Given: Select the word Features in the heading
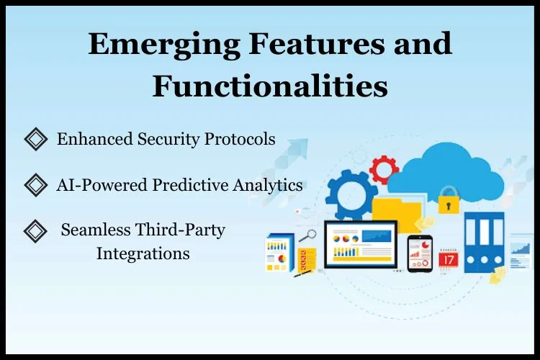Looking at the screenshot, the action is pyautogui.click(x=316, y=43).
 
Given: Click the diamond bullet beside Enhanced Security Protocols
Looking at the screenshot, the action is pyautogui.click(x=36, y=139).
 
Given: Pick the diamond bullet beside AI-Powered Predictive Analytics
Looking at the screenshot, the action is pyautogui.click(x=36, y=184).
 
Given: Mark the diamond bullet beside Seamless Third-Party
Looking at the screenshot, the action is pyautogui.click(x=35, y=231).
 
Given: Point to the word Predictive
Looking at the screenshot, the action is pyautogui.click(x=191, y=184).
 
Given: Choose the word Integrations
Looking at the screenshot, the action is pyautogui.click(x=143, y=254).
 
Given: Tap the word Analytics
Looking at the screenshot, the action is pyautogui.click(x=268, y=185).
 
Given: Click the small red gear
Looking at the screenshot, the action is pyautogui.click(x=384, y=169).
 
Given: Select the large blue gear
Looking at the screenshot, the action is pyautogui.click(x=351, y=194).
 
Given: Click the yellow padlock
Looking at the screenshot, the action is pyautogui.click(x=449, y=200).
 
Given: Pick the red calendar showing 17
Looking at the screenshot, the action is pyautogui.click(x=449, y=258).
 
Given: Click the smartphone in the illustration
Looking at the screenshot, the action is pyautogui.click(x=420, y=253).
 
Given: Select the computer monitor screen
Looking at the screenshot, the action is pyautogui.click(x=361, y=244).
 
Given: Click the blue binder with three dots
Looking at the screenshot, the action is pyautogui.click(x=485, y=243).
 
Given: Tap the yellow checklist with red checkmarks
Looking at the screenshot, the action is pyautogui.click(x=306, y=260).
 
